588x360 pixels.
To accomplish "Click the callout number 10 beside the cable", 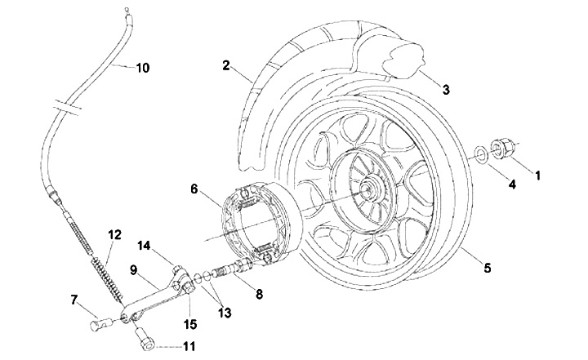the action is [142, 69].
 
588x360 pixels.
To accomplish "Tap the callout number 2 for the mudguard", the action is [225, 65].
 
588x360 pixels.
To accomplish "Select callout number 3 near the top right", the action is [446, 90].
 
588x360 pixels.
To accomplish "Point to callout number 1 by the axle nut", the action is [537, 176].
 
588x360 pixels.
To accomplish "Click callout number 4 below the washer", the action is [512, 184].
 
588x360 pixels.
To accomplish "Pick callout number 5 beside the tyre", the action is [487, 268].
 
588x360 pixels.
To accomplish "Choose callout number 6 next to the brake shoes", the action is [194, 189].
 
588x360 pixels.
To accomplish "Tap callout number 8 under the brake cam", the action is [259, 294].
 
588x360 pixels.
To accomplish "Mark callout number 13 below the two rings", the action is [225, 313].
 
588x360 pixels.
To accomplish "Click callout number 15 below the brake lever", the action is [190, 324].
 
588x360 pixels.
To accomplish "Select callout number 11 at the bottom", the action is [189, 346].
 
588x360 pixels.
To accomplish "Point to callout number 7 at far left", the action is [73, 300].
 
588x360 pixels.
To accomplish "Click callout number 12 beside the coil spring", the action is [115, 235].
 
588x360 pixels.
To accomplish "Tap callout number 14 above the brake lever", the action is [144, 246].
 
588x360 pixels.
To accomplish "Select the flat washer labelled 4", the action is [481, 154].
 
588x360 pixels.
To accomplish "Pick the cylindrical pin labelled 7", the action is [99, 323].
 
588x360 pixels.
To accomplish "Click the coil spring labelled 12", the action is [107, 277].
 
